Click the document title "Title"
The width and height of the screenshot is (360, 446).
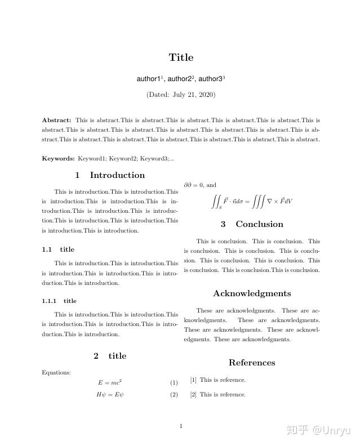(181, 57)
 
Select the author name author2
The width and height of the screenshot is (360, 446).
(180, 79)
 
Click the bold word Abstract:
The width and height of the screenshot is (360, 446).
(56, 120)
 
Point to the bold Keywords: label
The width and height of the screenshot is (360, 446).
(58, 159)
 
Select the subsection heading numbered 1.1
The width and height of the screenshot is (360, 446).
(58, 249)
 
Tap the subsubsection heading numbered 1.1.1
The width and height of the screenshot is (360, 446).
(59, 301)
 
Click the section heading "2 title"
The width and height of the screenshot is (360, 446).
(110, 356)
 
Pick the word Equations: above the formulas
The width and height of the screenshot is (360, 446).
(56, 372)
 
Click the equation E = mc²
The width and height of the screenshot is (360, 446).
(110, 383)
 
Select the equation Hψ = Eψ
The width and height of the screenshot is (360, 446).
(110, 395)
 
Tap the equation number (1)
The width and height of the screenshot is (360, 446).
(174, 383)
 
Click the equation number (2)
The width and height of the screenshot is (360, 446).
(174, 395)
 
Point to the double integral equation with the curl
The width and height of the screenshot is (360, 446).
(251, 202)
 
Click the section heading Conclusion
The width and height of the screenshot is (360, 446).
(252, 224)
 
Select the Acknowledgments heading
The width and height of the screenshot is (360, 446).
(252, 293)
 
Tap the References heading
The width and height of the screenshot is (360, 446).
(252, 363)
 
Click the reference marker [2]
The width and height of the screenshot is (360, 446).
(193, 395)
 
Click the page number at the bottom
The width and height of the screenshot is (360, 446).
(181, 426)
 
